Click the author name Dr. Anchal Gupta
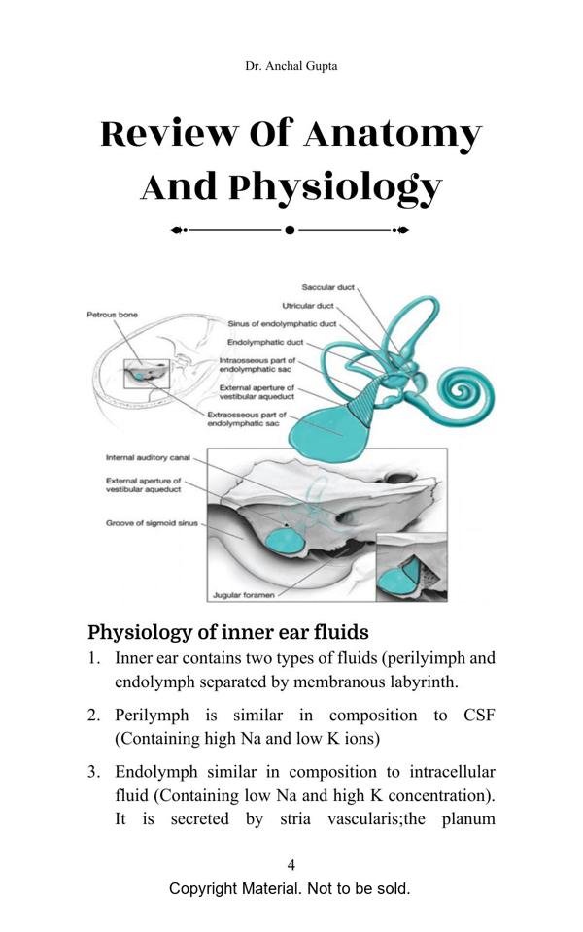(291, 66)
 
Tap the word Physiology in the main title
(334, 186)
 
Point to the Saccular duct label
(327, 287)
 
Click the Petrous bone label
(113, 315)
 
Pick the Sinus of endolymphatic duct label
(282, 324)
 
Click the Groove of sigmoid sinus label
(152, 523)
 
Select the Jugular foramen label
(242, 594)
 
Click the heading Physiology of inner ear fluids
(227, 632)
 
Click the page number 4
(291, 865)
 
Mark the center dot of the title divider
(290, 230)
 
